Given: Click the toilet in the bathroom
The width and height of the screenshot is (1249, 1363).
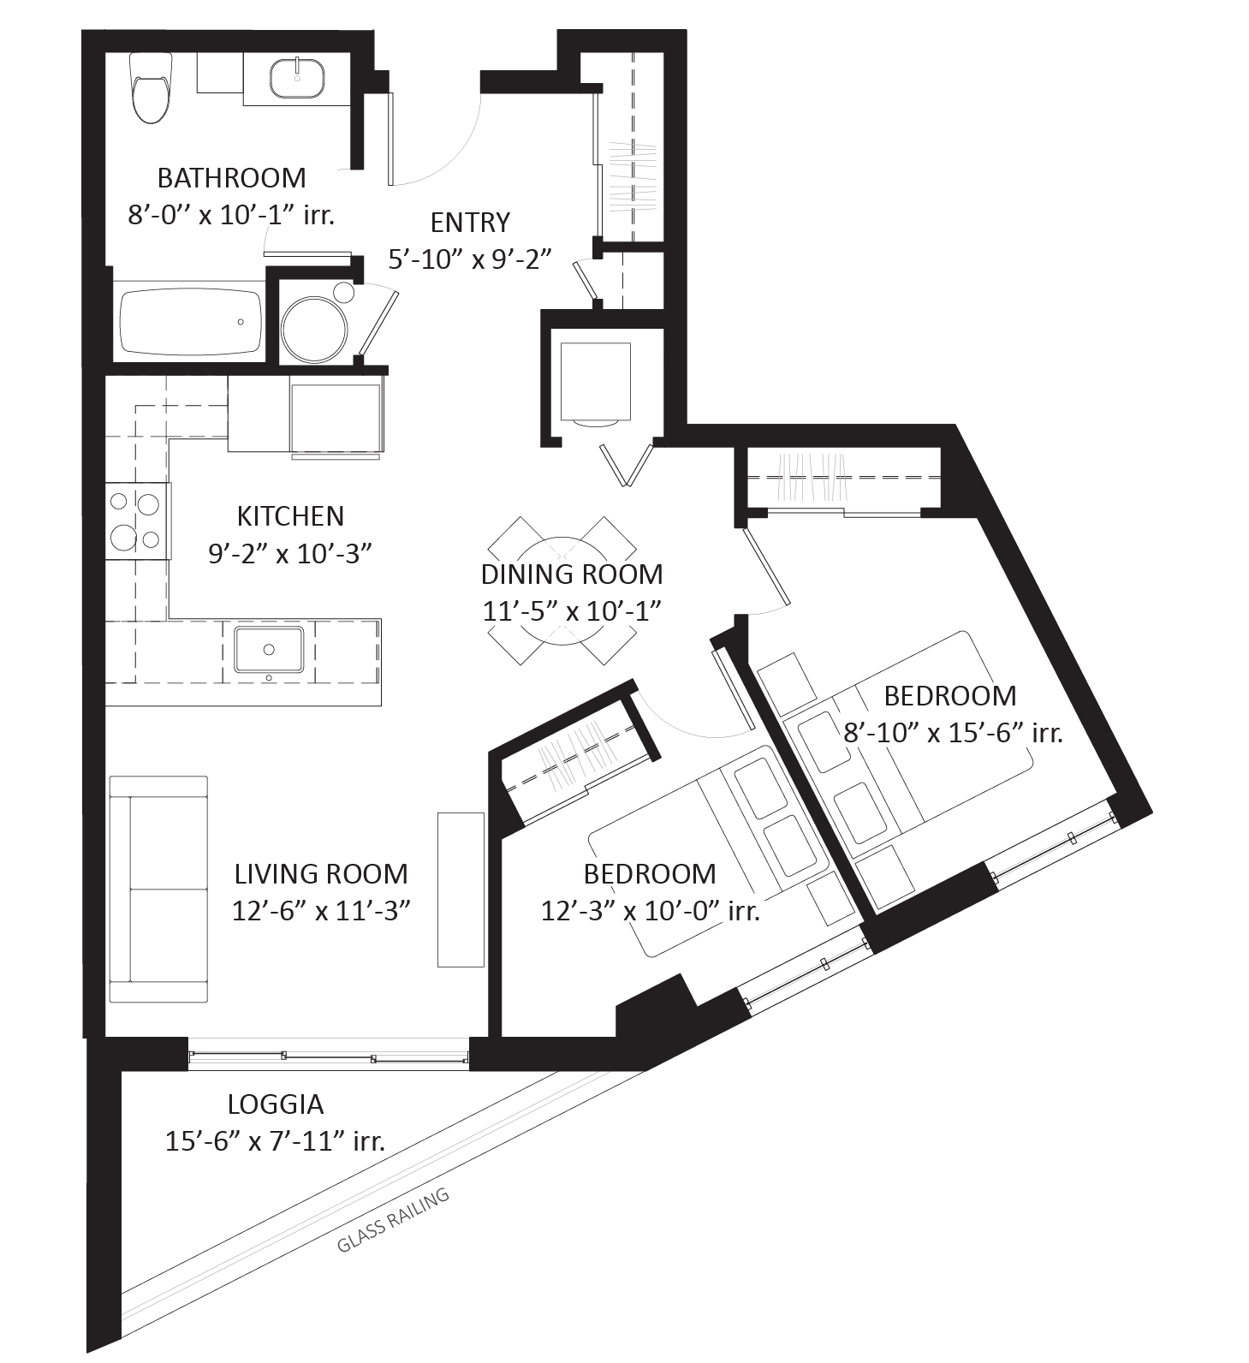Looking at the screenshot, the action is tap(151, 88).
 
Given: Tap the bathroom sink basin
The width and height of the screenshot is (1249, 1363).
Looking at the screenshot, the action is tap(297, 78).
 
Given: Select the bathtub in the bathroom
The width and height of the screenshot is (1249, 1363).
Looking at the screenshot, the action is tap(190, 322).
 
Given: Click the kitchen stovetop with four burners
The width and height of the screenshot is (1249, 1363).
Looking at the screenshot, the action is tap(137, 521).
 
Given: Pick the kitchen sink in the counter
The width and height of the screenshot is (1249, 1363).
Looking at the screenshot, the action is tap(269, 650).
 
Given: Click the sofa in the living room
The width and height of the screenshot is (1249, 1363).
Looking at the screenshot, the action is tap(159, 890).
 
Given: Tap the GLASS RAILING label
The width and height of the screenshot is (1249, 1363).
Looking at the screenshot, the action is tap(393, 1220).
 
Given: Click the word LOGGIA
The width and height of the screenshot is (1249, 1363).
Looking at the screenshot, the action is tap(276, 1104).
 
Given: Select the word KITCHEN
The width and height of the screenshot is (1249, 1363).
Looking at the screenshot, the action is tap(290, 516).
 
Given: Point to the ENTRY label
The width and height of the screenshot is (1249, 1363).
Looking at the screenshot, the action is tap(470, 223).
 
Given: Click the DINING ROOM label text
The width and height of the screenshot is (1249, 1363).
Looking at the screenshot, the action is tap(572, 574).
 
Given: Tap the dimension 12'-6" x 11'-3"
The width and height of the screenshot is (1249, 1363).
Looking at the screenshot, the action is tap(322, 911).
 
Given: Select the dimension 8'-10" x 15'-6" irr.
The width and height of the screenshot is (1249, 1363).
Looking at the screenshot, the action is tap(953, 733).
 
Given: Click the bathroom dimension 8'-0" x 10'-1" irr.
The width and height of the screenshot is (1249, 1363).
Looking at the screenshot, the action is tap(231, 214).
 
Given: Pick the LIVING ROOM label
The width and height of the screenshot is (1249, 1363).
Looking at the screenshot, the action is tap(321, 874).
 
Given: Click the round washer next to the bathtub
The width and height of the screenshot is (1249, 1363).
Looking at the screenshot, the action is tap(316, 330).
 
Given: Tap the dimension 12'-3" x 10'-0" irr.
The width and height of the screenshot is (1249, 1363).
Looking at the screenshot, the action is tap(651, 911).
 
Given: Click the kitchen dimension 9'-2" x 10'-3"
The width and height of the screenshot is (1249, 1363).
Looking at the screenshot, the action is tap(290, 553).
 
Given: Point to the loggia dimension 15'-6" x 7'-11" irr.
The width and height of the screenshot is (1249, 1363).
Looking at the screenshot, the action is tap(275, 1141).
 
